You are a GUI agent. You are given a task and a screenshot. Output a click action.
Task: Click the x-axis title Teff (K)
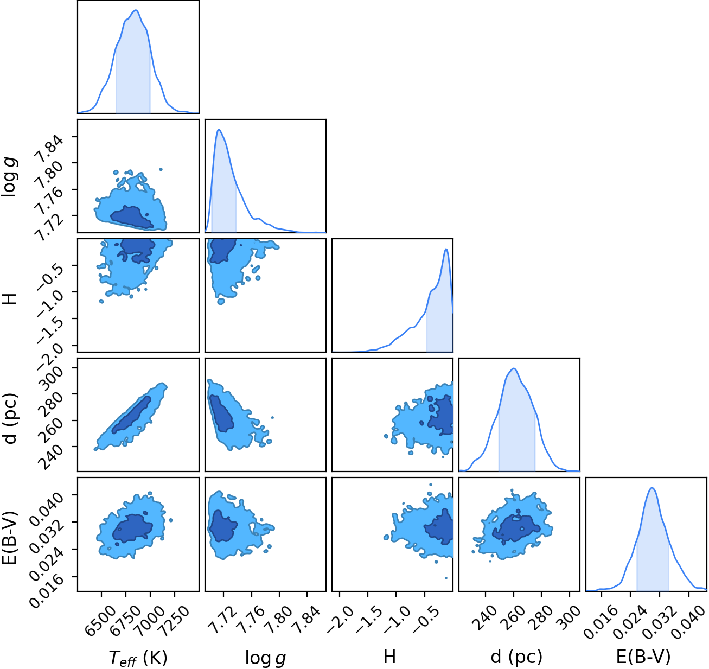138,657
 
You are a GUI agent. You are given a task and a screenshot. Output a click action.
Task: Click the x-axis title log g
265,657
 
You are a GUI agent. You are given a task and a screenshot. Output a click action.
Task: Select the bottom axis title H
389,656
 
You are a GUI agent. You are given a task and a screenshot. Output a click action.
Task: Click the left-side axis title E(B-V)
11,534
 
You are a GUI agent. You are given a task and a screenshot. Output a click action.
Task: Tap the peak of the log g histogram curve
219,129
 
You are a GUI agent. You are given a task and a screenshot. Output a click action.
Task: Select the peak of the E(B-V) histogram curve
652,488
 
